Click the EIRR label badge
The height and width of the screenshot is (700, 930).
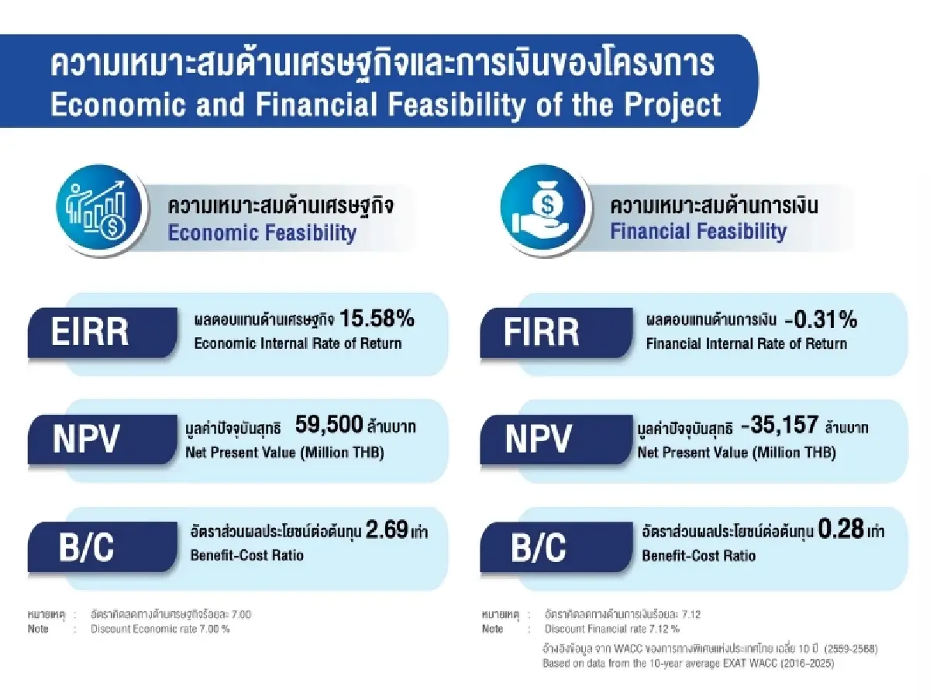[x=101, y=332]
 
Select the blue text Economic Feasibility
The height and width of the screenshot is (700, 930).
[x=262, y=233]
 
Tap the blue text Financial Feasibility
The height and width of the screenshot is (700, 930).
[x=698, y=231]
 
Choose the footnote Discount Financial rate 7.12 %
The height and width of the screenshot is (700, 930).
[x=612, y=629]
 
